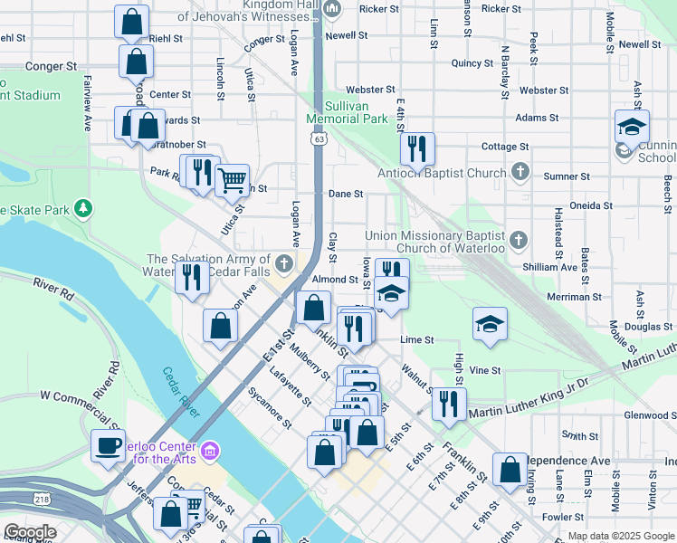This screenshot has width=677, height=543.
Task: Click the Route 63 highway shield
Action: click(x=318, y=138)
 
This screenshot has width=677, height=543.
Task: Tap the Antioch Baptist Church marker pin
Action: click(x=520, y=171)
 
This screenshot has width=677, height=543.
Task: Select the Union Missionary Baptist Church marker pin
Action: click(x=518, y=240)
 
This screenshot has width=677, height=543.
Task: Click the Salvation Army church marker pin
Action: click(x=284, y=263)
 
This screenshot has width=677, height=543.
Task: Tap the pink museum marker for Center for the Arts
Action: click(x=211, y=450)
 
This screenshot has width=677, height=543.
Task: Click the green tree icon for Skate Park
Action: click(x=83, y=209)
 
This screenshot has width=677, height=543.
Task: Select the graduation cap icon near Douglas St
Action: click(x=490, y=325)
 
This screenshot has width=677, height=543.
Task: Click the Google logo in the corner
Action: click(x=30, y=531)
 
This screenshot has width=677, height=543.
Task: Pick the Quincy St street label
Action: click(x=472, y=62)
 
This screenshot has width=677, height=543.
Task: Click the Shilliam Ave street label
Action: click(x=549, y=267)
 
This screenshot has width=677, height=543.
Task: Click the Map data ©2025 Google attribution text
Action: click(x=620, y=536)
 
